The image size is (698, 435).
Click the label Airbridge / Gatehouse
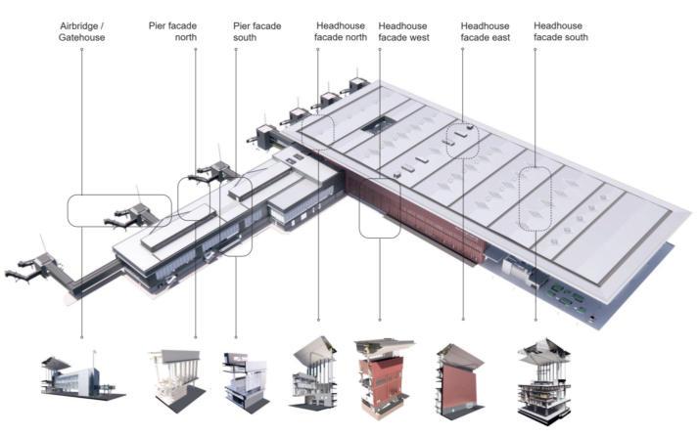click(81, 30)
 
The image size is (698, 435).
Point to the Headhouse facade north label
click(342, 30)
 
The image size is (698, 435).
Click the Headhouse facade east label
click(487, 30)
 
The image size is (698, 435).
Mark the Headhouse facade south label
click(561, 30)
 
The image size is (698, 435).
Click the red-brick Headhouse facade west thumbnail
click(383, 376)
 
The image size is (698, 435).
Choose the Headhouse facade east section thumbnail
click(459, 375)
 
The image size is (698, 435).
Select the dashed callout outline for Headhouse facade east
click(462, 142)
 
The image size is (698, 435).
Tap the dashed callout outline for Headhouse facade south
click(535, 201)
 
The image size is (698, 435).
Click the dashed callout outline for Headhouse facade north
click(320, 127)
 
